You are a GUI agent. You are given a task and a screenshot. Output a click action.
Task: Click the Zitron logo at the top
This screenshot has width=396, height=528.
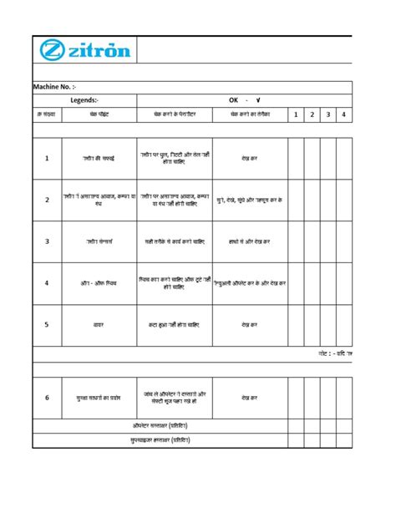click(84, 50)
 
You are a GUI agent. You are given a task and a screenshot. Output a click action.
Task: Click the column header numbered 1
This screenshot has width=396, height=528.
click(296, 114)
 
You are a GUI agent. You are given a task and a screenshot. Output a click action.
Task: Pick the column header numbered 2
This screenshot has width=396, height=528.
click(312, 114)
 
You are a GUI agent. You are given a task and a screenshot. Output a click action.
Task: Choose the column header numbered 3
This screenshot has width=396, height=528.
click(328, 114)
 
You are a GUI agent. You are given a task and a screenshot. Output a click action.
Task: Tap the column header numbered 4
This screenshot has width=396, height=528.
click(344, 114)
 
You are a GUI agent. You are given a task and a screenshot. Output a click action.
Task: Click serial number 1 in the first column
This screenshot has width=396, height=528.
click(47, 158)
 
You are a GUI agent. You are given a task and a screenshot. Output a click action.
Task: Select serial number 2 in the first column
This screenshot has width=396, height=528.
click(47, 200)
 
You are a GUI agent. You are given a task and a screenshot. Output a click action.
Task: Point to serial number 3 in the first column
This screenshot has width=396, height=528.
click(47, 241)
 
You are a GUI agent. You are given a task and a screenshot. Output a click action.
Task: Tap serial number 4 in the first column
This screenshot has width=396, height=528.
click(47, 282)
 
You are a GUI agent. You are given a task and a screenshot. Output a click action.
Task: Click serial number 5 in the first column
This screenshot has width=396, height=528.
click(47, 324)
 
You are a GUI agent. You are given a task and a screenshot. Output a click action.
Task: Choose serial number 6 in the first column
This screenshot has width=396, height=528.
click(47, 398)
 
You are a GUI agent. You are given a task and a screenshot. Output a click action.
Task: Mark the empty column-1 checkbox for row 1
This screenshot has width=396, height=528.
click(296, 158)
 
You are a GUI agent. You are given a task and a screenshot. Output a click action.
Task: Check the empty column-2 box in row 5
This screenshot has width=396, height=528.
click(312, 324)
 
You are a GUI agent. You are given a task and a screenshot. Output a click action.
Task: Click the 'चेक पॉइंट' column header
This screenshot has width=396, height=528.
click(99, 114)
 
